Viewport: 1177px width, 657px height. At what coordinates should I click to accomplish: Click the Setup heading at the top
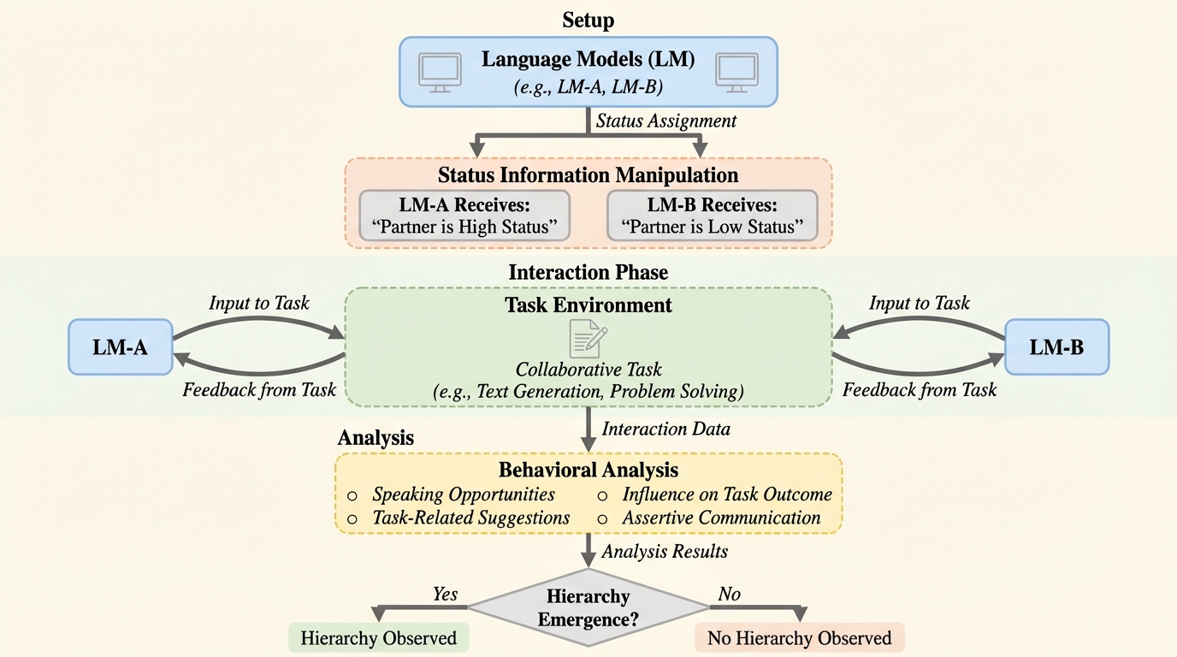[x=588, y=20]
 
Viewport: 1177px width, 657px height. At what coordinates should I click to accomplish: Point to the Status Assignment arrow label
[x=666, y=121]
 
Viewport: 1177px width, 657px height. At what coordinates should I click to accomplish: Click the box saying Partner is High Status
[x=464, y=216]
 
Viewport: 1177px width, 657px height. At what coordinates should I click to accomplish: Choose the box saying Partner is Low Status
[x=712, y=216]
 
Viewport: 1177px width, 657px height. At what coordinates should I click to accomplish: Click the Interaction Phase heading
[x=588, y=272]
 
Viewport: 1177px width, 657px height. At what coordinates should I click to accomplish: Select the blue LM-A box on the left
[x=121, y=346]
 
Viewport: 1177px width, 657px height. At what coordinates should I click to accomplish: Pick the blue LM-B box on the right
[x=1056, y=346]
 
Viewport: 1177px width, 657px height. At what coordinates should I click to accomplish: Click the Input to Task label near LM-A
[x=259, y=303]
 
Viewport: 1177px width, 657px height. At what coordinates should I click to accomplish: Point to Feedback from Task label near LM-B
[x=920, y=390]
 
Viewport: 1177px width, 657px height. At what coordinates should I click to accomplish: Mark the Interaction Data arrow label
[x=666, y=429]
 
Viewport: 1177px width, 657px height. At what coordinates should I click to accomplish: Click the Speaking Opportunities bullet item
[x=463, y=494]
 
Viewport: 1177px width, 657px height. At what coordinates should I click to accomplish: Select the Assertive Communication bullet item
[x=721, y=518]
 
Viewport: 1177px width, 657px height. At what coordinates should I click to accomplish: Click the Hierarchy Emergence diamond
[x=588, y=607]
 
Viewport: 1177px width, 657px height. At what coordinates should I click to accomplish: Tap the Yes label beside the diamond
[x=445, y=594]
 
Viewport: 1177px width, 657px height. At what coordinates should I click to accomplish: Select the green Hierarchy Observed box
[x=378, y=638]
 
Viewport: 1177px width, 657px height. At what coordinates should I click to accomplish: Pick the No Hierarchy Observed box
[x=799, y=638]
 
